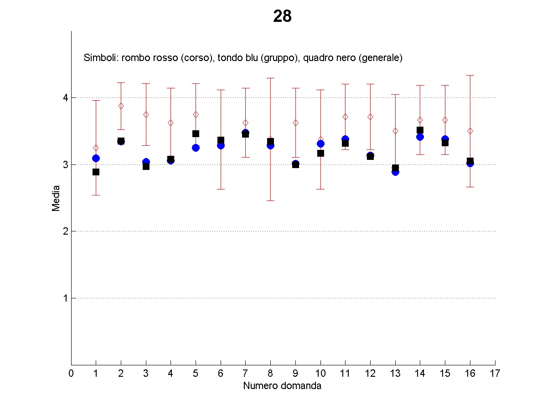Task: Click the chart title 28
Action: click(282, 16)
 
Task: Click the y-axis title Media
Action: click(56, 198)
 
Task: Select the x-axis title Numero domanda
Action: click(282, 386)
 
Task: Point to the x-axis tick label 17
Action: click(495, 374)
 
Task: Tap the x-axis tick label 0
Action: click(71, 374)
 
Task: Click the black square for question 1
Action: click(96, 172)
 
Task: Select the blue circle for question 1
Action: click(96, 158)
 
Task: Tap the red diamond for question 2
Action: click(121, 106)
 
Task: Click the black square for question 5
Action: click(196, 133)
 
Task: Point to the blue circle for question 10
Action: click(320, 144)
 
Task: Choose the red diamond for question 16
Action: click(470, 131)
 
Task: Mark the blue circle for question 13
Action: click(395, 172)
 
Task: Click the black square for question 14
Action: click(420, 130)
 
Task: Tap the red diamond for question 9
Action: click(295, 123)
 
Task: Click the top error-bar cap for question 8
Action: click(270, 78)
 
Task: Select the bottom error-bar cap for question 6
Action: click(221, 189)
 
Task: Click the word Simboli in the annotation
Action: click(99, 58)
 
